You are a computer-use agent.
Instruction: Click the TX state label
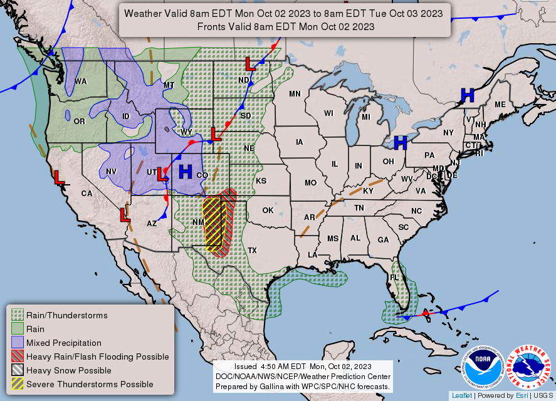click(252, 250)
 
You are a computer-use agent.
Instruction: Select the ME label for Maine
click(500, 105)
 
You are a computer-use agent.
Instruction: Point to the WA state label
click(81, 81)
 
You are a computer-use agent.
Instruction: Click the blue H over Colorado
click(186, 171)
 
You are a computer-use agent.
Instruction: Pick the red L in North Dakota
click(249, 63)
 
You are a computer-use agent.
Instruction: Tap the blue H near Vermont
click(467, 95)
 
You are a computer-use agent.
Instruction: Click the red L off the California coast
click(59, 177)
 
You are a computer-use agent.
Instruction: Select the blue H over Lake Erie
click(401, 143)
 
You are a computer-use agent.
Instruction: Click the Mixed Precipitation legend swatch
click(18, 343)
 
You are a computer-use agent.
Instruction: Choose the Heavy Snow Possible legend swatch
click(18, 370)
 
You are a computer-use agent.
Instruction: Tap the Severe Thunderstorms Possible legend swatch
click(18, 384)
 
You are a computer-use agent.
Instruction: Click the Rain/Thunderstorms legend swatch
click(18, 315)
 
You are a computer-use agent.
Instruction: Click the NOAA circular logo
click(484, 367)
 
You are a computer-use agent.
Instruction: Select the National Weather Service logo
click(530, 367)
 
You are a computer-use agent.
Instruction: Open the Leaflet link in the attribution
click(461, 395)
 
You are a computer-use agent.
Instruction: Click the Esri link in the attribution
click(520, 395)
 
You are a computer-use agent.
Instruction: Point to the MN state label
click(295, 94)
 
